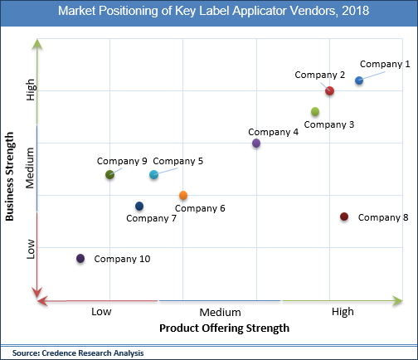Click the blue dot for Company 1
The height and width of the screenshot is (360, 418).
(359, 80)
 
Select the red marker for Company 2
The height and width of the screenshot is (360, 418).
(329, 90)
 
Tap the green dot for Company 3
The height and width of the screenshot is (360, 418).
(315, 112)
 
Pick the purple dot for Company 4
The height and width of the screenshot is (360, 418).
(256, 144)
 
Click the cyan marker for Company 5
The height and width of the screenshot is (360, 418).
(153, 174)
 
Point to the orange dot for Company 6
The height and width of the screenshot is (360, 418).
(183, 196)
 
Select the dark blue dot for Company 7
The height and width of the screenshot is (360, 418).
(139, 206)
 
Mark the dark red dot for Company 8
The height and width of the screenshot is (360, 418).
(344, 216)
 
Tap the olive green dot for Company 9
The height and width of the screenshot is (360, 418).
(110, 174)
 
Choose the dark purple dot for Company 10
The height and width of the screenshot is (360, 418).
(80, 259)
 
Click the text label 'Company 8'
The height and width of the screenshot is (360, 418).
(383, 217)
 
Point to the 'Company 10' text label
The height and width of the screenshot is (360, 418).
(122, 259)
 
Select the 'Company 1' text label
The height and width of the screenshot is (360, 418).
(384, 64)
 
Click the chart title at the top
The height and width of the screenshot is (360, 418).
(209, 12)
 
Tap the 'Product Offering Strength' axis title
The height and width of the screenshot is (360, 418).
(224, 328)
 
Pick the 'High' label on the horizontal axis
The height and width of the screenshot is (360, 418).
(342, 311)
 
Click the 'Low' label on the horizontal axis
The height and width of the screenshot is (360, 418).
(101, 311)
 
